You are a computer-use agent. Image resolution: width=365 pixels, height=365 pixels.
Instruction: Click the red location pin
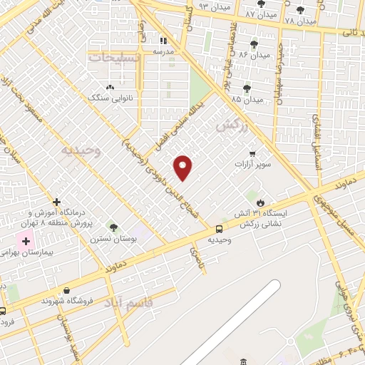(x=184, y=167)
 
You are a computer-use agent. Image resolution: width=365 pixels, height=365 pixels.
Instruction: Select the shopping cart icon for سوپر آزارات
(x=252, y=153)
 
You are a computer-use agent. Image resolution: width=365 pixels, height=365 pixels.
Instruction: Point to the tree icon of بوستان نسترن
(x=113, y=227)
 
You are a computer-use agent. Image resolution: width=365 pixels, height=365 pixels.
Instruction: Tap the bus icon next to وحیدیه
(x=219, y=230)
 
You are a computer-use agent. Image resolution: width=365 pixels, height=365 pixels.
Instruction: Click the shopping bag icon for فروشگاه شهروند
(x=66, y=290)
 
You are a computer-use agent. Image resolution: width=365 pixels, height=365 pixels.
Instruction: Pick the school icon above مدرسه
(x=163, y=41)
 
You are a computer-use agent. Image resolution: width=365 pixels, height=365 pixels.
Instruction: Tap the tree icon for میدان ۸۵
(x=247, y=88)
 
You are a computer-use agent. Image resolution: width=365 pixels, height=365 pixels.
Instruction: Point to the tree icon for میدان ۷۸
(x=300, y=11)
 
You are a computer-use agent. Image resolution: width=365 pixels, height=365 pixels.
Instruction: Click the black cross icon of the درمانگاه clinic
(x=56, y=202)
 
